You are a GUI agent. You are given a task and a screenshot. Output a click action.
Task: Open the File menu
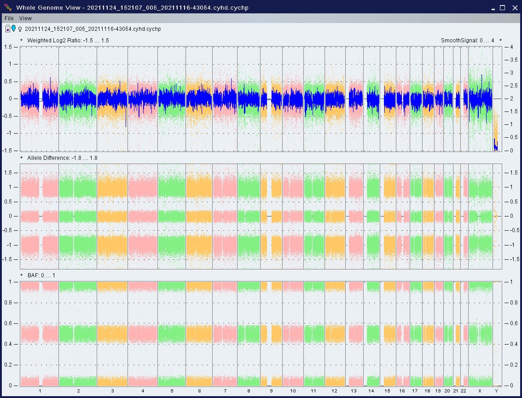click(9, 18)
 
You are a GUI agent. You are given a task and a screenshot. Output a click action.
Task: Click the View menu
click(25, 18)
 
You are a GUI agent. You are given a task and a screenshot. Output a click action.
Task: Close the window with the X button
click(515, 8)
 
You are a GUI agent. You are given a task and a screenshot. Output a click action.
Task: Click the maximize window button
click(502, 8)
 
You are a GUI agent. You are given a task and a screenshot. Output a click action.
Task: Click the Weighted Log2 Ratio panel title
click(68, 40)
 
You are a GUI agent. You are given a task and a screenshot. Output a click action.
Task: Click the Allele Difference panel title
click(62, 158)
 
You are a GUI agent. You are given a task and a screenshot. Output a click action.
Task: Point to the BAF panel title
click(41, 275)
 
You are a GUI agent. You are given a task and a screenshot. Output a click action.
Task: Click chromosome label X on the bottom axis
click(480, 391)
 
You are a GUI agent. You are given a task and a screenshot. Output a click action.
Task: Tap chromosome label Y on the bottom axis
click(496, 391)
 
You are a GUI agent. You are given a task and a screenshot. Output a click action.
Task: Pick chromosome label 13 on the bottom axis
click(354, 391)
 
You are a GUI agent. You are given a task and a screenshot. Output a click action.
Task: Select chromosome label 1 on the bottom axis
click(40, 391)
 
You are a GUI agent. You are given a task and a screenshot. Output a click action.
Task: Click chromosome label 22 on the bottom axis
click(464, 391)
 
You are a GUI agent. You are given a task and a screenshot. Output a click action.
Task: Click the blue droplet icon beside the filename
click(14, 28)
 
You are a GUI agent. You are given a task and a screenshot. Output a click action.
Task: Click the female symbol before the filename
click(20, 29)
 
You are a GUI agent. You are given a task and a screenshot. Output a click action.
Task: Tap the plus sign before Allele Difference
click(22, 158)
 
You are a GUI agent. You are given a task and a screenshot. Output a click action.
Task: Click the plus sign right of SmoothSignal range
click(500, 40)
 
